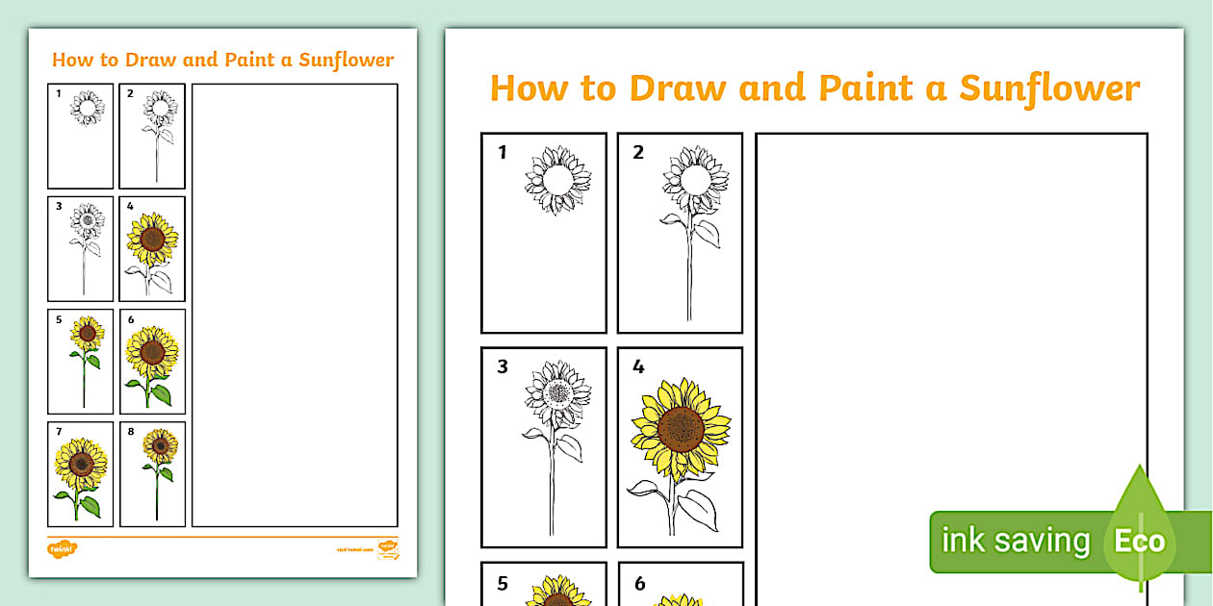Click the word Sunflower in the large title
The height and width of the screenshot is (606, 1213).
tap(1049, 88)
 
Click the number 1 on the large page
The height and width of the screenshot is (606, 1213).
tap(503, 152)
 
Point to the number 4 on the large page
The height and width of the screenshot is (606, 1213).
tap(638, 366)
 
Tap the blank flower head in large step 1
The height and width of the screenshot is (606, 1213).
tap(557, 180)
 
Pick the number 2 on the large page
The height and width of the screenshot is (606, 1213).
tap(638, 152)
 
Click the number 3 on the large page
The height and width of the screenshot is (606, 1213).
tap(503, 366)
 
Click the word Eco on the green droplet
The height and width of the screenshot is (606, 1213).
tap(1140, 541)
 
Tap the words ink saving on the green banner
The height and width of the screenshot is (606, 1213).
tap(1015, 541)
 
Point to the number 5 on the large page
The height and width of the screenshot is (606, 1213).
tap(503, 583)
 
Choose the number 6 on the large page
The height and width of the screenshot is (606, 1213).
tap(639, 583)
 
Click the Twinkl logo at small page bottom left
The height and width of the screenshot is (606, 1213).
tap(62, 548)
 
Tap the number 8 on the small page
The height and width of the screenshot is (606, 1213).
tap(131, 432)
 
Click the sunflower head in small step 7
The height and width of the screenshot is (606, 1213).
tap(81, 464)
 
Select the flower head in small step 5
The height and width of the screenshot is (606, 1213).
tap(88, 334)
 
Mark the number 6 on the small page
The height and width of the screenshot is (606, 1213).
tap(131, 319)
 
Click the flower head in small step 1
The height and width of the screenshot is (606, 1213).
tap(88, 109)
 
